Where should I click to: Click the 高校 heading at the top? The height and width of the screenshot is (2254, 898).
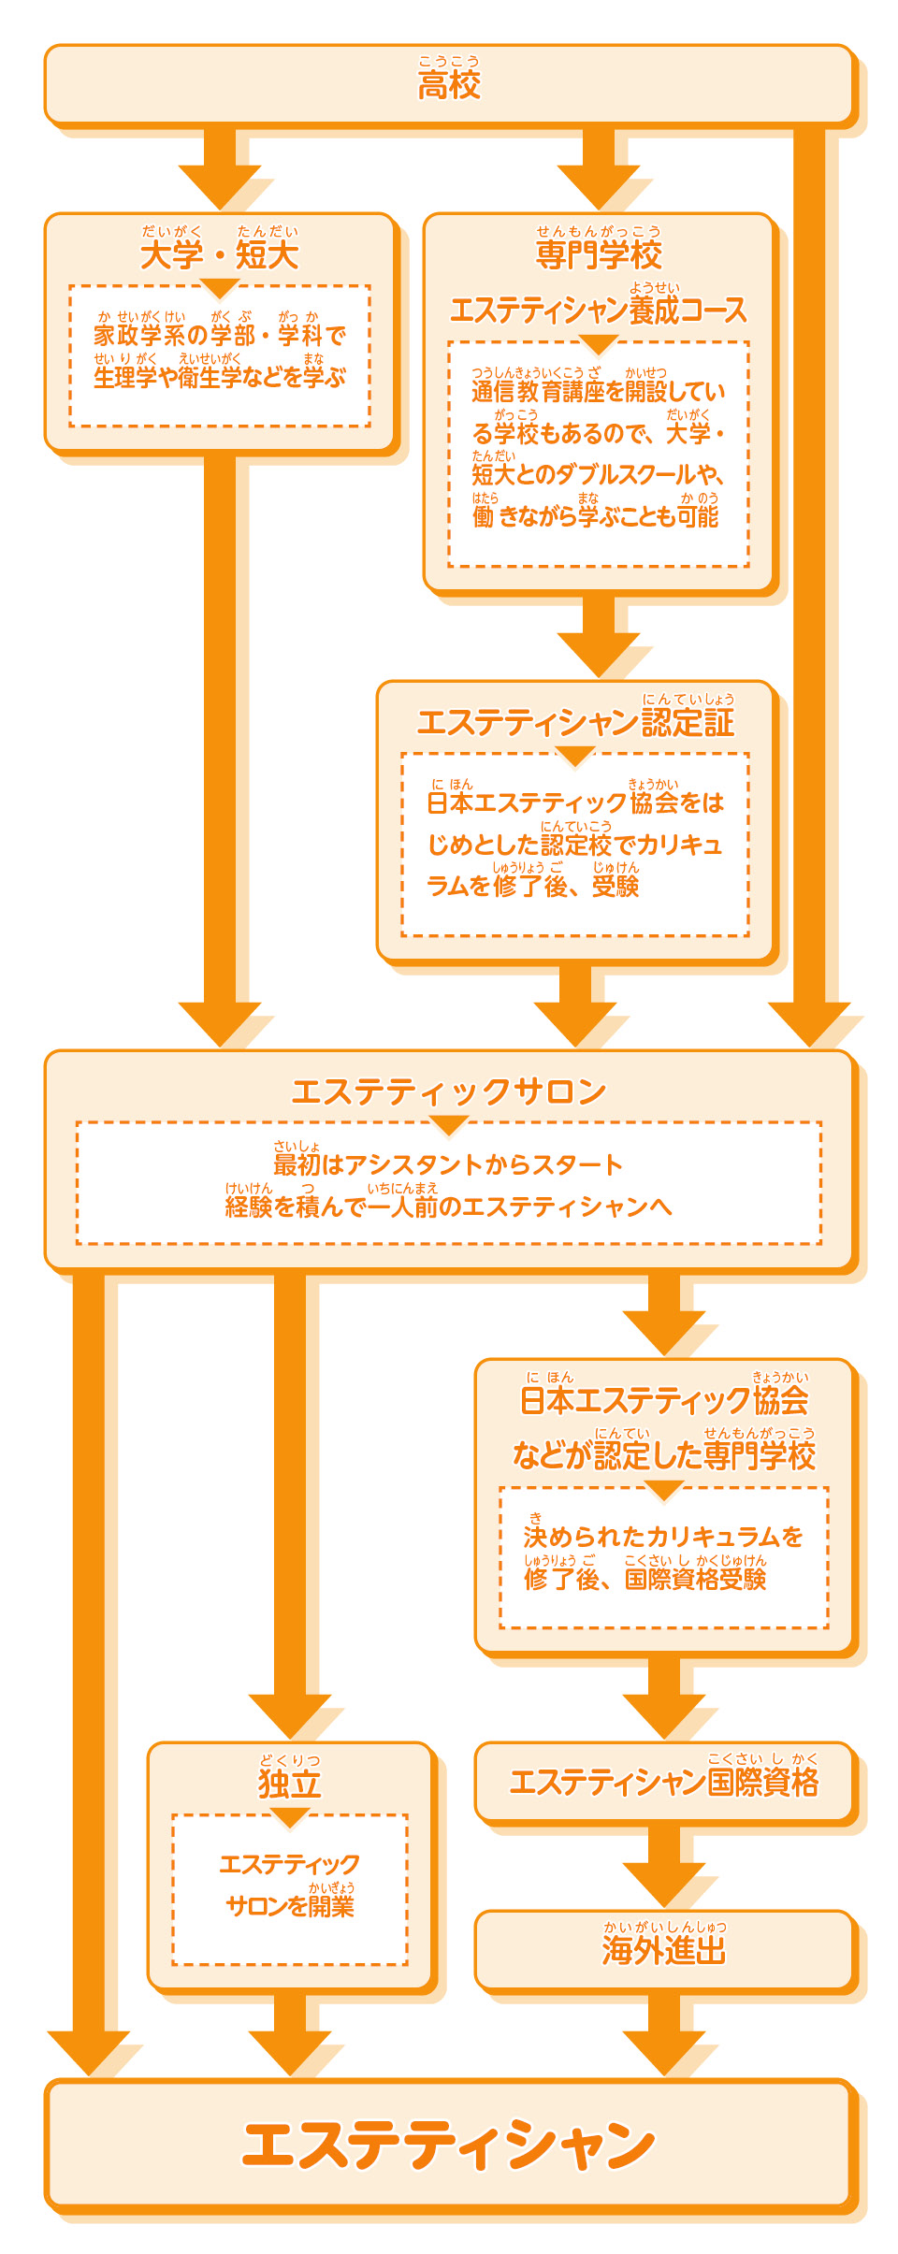coord(449,84)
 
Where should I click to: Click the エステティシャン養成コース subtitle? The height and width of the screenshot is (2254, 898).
coord(599,310)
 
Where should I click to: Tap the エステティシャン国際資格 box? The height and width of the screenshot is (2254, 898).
coord(664,1782)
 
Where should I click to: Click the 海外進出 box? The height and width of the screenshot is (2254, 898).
coord(664,1950)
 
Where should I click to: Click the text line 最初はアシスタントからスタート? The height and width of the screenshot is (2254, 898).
coord(448,1164)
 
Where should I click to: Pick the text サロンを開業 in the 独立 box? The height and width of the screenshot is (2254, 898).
coord(290,1905)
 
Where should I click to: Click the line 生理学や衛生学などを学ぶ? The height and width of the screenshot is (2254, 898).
coord(220,377)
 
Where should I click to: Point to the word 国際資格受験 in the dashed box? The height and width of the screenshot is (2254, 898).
coord(696,1580)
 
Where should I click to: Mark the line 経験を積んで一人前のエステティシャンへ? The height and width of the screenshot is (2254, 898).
coord(449,1206)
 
